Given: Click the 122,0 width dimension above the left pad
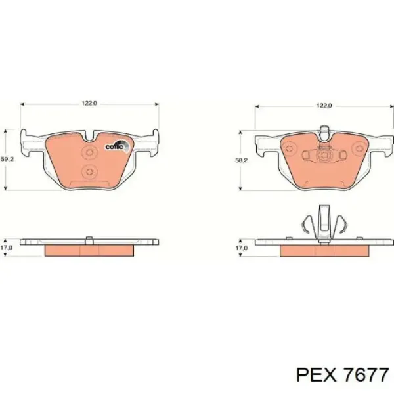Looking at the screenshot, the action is click(89, 103).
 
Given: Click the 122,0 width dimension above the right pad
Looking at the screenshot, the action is click(324, 106).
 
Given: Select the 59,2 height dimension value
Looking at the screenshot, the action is click(7, 159).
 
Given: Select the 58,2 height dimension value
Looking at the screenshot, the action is click(242, 160).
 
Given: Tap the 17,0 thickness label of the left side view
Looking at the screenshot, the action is click(6, 248).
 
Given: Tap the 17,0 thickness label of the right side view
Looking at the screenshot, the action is click(242, 248).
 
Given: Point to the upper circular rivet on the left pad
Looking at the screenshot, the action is click(89, 152).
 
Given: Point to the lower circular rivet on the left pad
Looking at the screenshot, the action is click(89, 171).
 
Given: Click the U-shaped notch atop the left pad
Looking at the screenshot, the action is click(89, 137).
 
